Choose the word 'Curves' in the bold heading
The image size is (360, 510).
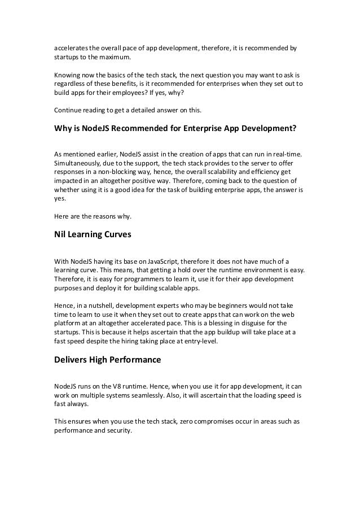pyautogui.click(x=117, y=235)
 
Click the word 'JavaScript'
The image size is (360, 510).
pyautogui.click(x=161, y=261)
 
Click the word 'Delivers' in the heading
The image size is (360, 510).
pyautogui.click(x=71, y=359)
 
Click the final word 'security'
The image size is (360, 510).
pyautogui.click(x=118, y=430)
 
